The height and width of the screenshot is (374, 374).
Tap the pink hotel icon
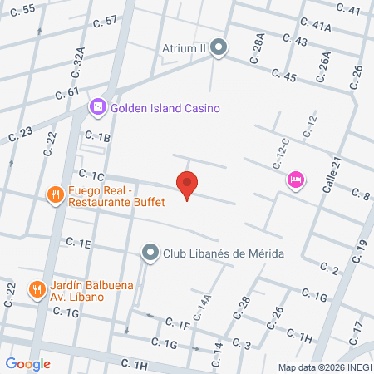294,179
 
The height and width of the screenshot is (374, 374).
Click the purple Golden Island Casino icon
98,107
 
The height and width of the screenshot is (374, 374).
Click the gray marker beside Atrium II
219,47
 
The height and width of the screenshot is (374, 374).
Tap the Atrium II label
183,47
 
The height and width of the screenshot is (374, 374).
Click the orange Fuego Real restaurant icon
56,194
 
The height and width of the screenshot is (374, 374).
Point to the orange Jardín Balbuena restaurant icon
37,289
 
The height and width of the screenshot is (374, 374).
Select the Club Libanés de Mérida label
224,253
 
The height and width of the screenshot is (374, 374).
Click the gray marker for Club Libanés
150,252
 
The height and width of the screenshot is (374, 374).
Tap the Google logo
27,363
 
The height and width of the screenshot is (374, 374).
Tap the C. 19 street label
360,249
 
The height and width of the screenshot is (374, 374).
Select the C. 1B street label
96,137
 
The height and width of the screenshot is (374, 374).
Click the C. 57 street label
106,21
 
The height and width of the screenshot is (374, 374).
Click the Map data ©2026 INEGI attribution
325,367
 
